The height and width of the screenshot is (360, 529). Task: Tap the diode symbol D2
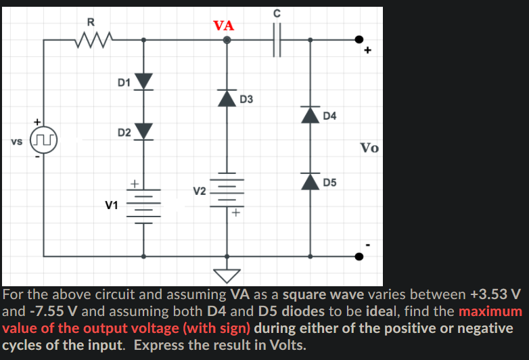pos(143,131)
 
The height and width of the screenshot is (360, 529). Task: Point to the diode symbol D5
pos(310,181)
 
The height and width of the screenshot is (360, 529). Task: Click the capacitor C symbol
pos(276,40)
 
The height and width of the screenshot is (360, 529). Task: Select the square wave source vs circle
pos(45,143)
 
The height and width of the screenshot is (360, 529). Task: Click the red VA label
pos(223,26)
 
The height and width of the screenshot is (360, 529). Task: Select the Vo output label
pos(369,148)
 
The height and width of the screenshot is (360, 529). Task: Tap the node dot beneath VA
pos(227,40)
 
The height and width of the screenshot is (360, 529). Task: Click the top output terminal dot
pos(360,40)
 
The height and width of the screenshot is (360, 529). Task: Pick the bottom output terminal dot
pos(360,256)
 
